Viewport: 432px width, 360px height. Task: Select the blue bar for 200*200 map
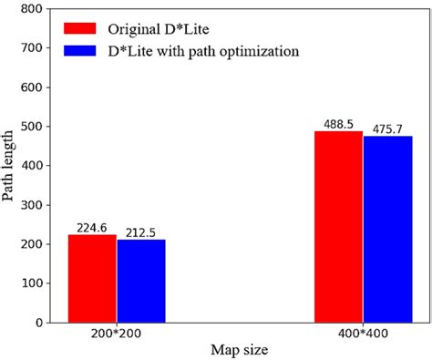[141, 281]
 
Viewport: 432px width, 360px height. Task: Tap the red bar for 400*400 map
[338, 227]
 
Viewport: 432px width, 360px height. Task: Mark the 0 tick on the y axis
[41, 323]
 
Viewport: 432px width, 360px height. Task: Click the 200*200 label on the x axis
[117, 335]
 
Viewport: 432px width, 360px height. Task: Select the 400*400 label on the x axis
[363, 335]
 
